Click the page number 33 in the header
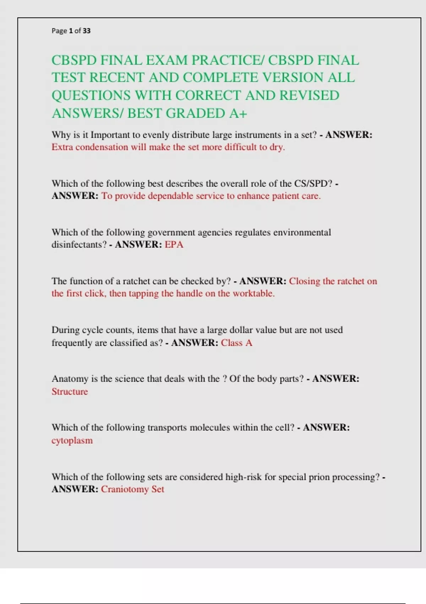point(86,31)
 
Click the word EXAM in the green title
point(167,60)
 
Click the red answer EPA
point(174,245)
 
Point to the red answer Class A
point(236,343)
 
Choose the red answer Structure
point(70,392)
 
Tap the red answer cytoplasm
point(72,441)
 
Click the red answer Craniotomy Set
point(132,489)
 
